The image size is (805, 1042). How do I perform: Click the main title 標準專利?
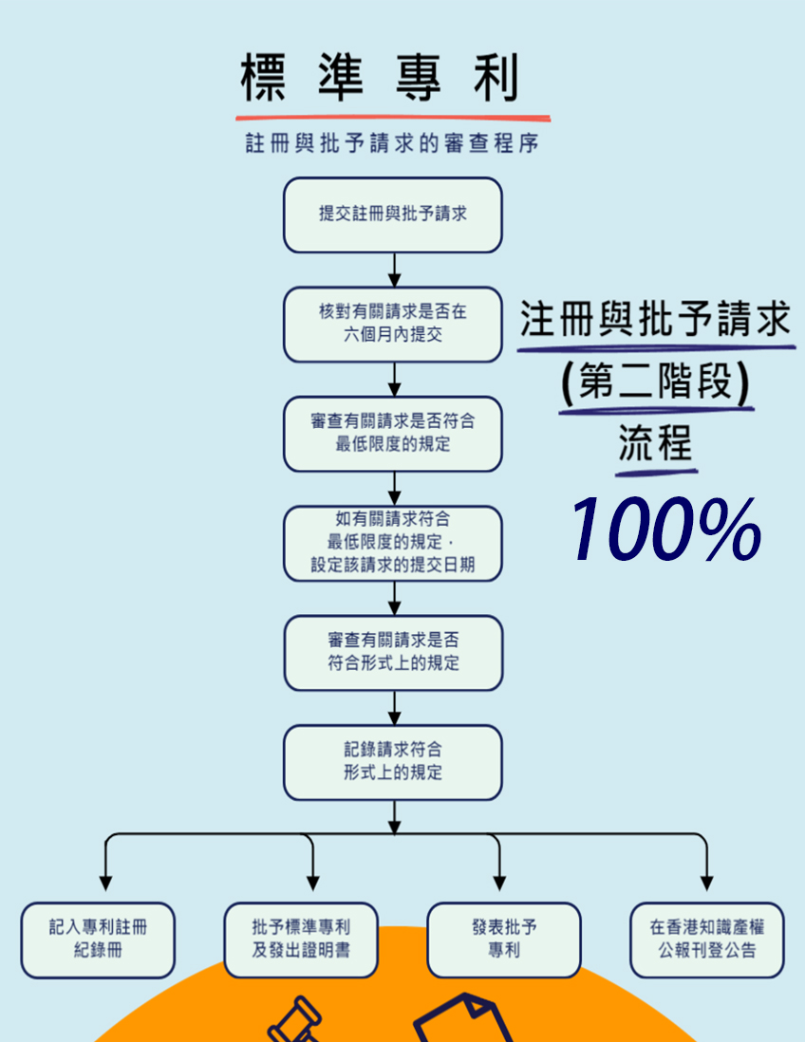380,78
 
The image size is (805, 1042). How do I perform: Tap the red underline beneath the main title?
393,118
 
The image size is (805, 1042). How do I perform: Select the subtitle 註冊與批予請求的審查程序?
393,145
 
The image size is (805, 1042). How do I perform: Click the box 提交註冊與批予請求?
392,214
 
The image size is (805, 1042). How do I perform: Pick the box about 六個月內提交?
392,324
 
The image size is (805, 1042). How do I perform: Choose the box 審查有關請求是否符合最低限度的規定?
392,433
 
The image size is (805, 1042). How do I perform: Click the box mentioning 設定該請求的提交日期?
392,543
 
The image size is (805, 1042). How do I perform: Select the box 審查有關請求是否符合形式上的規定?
392,652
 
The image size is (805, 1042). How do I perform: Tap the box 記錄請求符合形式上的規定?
392,762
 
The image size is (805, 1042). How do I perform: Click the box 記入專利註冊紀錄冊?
98,939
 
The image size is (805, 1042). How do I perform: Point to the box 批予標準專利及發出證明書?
301,939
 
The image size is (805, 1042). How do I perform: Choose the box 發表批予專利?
503,939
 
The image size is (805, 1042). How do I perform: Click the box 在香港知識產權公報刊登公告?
707,939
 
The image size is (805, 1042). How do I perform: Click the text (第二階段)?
655,383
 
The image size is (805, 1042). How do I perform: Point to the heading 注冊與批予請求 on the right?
655,321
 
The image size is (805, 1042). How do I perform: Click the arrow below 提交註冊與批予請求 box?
394,270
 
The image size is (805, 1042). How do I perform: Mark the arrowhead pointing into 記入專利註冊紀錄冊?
105,883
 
